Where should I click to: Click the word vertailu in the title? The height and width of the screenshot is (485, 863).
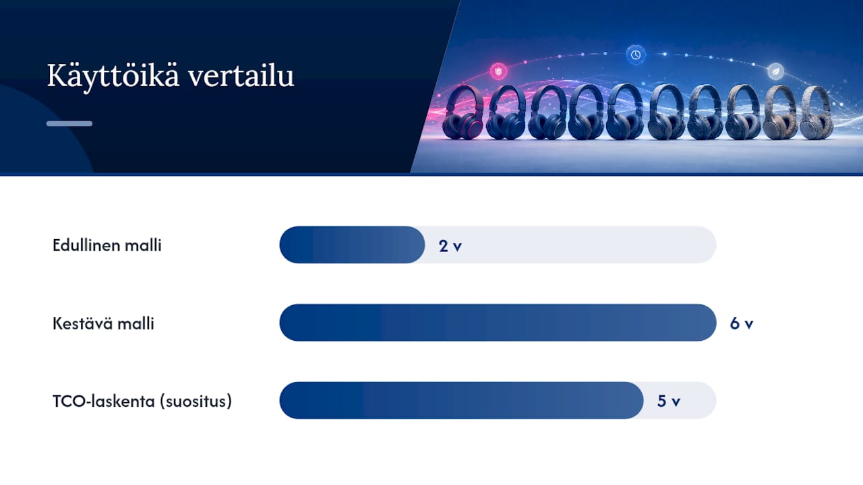point(241,76)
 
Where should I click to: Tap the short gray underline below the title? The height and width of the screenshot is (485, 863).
point(69,123)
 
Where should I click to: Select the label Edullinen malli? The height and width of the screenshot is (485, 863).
point(107,245)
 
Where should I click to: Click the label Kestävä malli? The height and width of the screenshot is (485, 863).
point(103,323)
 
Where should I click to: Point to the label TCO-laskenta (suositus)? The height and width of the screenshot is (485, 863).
point(142,401)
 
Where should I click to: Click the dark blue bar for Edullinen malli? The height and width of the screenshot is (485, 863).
point(352,245)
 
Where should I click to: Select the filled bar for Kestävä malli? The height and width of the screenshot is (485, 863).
point(498,323)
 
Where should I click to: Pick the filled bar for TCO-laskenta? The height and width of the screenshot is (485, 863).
point(462,400)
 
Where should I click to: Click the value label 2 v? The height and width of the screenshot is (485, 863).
point(450,246)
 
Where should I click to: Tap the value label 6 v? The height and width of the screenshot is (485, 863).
point(742,324)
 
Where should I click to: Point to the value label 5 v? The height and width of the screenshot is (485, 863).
point(668,401)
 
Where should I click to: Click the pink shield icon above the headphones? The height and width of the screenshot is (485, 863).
point(498,71)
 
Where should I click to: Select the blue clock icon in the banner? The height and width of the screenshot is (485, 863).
point(636,55)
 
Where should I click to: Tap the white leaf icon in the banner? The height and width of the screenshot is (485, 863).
point(775,71)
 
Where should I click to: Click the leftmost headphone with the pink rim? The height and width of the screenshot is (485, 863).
point(463,112)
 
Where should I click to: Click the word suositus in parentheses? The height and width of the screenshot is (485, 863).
point(196,401)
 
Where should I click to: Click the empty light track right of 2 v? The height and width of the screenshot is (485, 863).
point(589,245)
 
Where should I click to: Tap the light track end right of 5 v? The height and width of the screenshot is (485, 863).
point(699,400)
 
